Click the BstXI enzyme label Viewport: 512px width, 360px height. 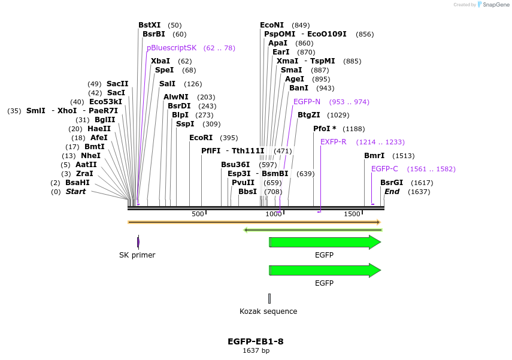[149, 25]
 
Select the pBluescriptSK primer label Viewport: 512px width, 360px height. [171, 48]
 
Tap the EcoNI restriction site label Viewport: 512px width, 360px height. [272, 25]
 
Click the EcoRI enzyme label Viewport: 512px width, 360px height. [201, 138]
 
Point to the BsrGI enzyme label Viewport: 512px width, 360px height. [392, 183]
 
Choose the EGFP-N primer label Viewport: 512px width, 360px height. [307, 102]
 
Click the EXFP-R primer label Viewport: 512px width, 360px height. [333, 142]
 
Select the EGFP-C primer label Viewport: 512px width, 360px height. [384, 169]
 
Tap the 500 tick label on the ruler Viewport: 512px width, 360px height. [198, 214]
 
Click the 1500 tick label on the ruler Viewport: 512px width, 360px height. [352, 214]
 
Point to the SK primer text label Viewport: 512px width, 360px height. [137, 255]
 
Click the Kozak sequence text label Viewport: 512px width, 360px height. [268, 311]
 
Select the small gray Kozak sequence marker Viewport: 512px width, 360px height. [269, 298]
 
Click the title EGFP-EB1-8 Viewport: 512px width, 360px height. [256, 341]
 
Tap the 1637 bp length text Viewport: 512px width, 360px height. [256, 351]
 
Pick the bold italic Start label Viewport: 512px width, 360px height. [75, 192]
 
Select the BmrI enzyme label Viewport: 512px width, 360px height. [374, 156]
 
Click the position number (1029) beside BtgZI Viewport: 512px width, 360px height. [338, 115]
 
